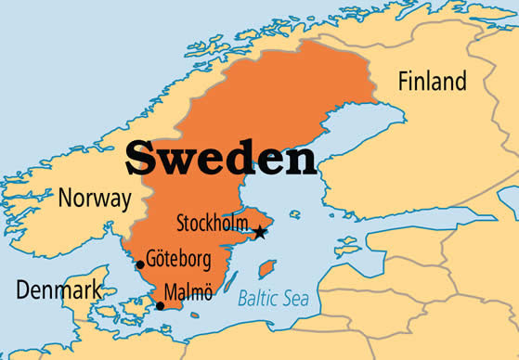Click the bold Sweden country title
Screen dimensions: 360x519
tap(222, 158)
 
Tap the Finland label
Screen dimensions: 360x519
tap(432, 82)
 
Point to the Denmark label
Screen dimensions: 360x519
tap(58, 290)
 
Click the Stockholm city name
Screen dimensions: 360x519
tap(213, 224)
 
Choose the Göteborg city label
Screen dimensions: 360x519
tap(179, 258)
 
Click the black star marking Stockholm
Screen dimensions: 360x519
tap(260, 232)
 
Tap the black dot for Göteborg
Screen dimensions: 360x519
tap(140, 264)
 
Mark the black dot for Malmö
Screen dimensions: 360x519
tap(160, 305)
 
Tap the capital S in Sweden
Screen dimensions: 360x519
tap(142, 158)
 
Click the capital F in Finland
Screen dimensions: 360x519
tap(404, 82)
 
